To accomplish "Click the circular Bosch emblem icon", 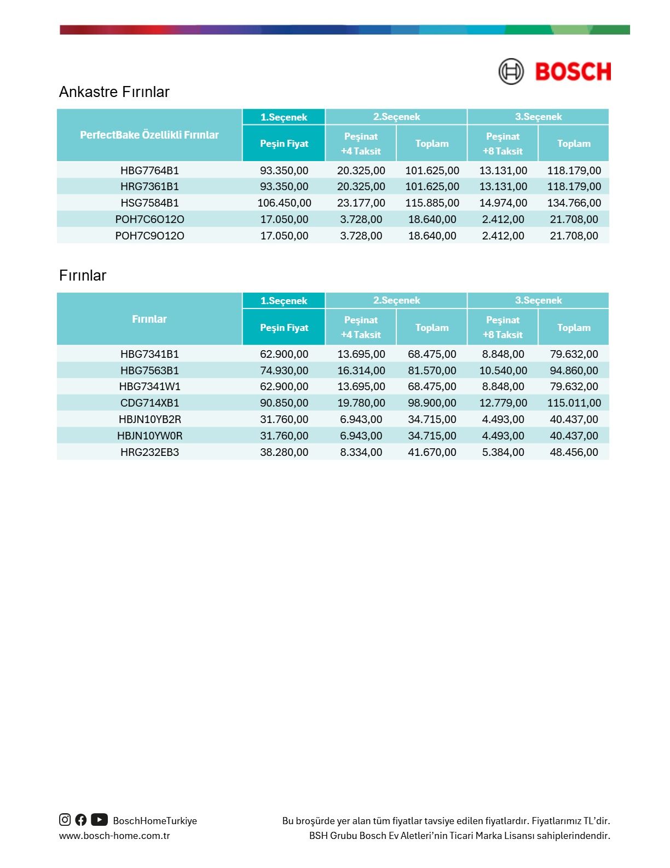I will coord(511,72).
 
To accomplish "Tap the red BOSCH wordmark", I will coord(573,72).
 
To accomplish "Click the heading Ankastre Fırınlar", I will coord(114,92).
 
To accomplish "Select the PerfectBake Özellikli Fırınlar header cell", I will coord(149,135).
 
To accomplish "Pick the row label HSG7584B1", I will coord(149,203).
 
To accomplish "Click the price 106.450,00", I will coord(284,203).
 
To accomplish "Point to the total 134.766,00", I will coord(574,203).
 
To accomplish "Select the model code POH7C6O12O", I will coord(149,219).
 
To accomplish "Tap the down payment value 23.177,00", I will coord(361,203).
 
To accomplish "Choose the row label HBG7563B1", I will coord(149,370).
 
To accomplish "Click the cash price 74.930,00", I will coord(284,370).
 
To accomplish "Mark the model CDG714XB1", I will coord(149,403).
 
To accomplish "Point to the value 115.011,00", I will coord(574,403).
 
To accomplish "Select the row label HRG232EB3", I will coord(149,452).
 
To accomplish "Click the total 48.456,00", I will coord(574,452).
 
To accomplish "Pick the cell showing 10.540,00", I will coord(503,370).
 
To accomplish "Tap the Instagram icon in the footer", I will coord(65,820).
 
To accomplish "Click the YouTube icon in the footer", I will coord(99,820).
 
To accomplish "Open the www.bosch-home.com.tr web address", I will coord(114,836).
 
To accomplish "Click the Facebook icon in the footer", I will coord(81,820).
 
